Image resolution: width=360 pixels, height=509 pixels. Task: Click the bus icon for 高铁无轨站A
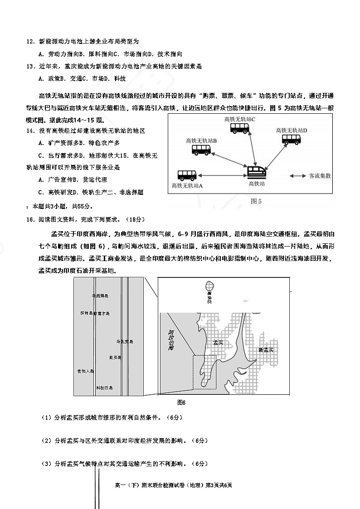pyautogui.click(x=186, y=175)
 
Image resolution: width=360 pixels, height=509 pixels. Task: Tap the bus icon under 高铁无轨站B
pyautogui.click(x=201, y=150)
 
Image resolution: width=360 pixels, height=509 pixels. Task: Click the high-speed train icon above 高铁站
pyautogui.click(x=257, y=172)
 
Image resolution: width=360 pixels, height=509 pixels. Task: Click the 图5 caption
pyautogui.click(x=256, y=201)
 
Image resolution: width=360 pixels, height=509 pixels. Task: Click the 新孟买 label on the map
pyautogui.click(x=265, y=350)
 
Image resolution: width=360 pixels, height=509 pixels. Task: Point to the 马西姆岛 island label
pyautogui.click(x=100, y=296)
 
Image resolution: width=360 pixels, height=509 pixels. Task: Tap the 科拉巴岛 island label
pyautogui.click(x=104, y=388)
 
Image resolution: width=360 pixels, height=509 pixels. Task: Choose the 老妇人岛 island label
pyautogui.click(x=85, y=371)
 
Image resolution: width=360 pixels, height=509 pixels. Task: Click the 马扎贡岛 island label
pyautogui.click(x=125, y=341)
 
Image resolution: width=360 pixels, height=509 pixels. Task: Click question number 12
pyautogui.click(x=31, y=41)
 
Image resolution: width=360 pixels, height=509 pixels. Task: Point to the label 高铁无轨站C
pyautogui.click(x=240, y=119)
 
